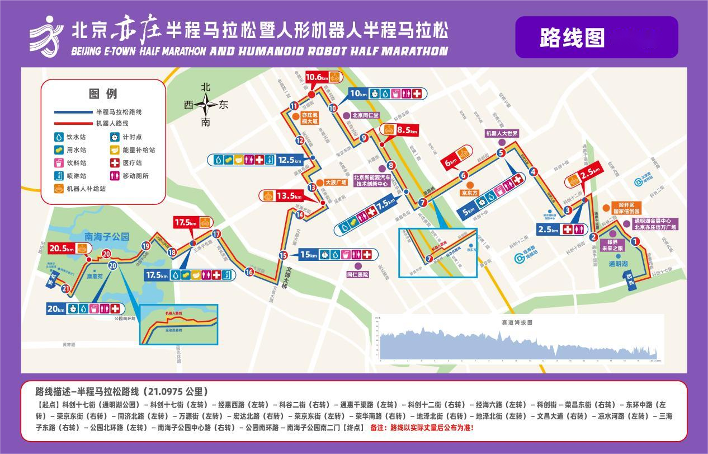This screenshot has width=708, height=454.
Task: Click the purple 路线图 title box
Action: coord(596,38)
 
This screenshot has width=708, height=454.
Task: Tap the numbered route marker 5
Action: coord(501,152)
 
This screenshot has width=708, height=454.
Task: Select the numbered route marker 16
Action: coord(249,272)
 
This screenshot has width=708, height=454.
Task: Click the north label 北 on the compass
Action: coord(206,87)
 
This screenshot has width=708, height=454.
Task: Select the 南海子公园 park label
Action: coord(107,236)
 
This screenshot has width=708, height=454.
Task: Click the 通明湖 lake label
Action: coord(619,263)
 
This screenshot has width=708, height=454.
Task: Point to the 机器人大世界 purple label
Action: coord(502,134)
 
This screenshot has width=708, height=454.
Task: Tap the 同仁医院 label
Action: coord(357,275)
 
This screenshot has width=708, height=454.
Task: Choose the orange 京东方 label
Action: coord(470,193)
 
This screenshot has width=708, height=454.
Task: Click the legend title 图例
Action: coord(103,93)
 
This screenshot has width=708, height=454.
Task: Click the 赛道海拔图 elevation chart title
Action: coord(517,322)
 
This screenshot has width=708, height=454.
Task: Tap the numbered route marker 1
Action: coord(635,242)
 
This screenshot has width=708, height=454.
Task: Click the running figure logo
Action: coord(46,35)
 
